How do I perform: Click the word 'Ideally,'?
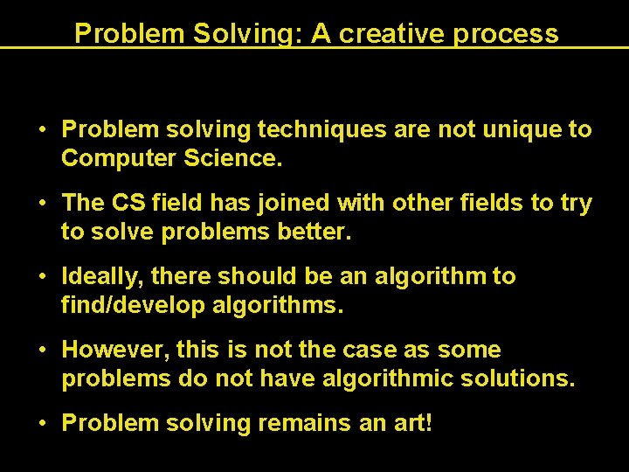pyautogui.click(x=102, y=277)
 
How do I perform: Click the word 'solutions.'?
pyautogui.click(x=520, y=380)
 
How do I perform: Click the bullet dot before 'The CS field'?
pyautogui.click(x=42, y=204)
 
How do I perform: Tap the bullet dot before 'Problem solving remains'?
pyautogui.click(x=42, y=424)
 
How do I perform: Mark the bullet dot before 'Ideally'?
pyautogui.click(x=42, y=277)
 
